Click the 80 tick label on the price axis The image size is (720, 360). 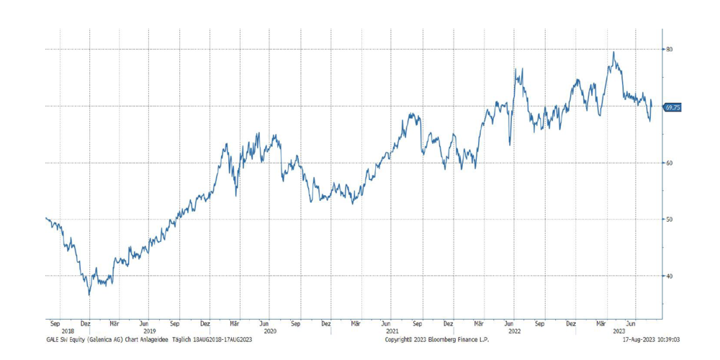pos(669,49)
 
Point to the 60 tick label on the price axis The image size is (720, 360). pos(669,163)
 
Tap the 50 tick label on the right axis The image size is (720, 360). pos(669,219)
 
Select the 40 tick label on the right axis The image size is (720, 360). pos(669,276)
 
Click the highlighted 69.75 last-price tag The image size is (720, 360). pos(672,107)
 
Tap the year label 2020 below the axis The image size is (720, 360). pos(270,331)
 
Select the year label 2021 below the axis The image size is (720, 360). pos(392,331)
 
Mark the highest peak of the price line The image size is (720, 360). pos(613,52)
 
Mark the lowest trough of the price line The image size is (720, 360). pos(89,294)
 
